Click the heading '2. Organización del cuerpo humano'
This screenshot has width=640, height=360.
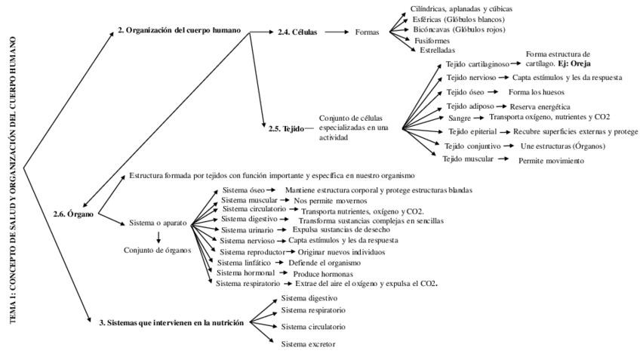179,30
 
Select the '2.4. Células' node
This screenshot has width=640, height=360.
297,33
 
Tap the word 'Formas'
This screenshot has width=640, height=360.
367,33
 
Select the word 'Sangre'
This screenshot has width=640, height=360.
460,118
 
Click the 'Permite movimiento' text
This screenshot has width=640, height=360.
551,161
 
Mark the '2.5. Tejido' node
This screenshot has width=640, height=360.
285,128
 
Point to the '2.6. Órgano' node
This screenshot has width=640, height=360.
75,214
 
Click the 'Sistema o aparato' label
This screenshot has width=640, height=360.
158,223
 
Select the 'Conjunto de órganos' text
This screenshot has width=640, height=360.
157,251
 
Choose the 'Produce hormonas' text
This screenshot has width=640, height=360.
323,273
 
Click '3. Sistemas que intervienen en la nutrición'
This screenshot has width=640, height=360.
171,322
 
